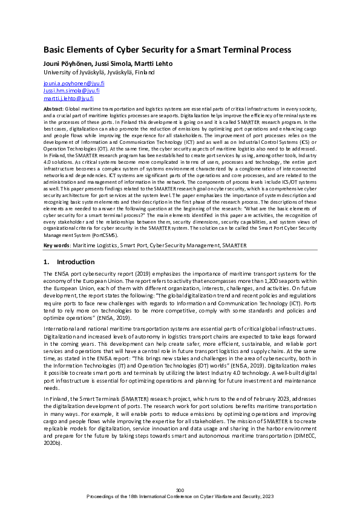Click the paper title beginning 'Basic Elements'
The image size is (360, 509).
point(167,50)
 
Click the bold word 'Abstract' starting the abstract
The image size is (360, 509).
point(53,107)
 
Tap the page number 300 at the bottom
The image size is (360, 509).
point(180,489)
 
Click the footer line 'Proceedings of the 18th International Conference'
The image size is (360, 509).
point(180,496)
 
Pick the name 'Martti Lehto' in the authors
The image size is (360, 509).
point(158,62)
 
